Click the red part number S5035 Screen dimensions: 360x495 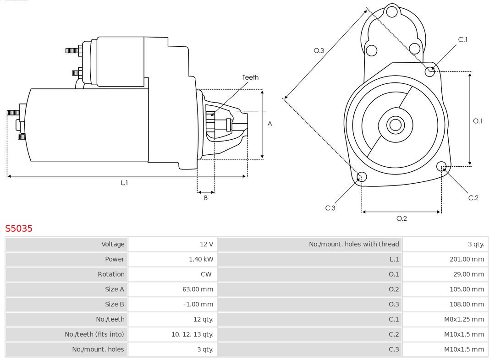point(19,228)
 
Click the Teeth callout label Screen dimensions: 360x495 point(250,77)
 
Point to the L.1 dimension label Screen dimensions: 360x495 point(124,183)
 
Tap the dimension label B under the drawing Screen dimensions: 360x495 point(206,198)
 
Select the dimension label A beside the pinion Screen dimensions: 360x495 point(270,124)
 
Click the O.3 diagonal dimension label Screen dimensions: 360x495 point(319,51)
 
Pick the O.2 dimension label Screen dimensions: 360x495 point(401,218)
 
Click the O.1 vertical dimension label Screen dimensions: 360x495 point(478,121)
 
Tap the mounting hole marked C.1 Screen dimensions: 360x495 point(430,71)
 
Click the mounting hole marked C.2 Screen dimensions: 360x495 point(441,166)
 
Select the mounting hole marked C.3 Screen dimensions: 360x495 point(362,177)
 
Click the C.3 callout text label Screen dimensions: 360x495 point(330,208)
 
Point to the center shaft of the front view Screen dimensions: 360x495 point(395,125)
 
